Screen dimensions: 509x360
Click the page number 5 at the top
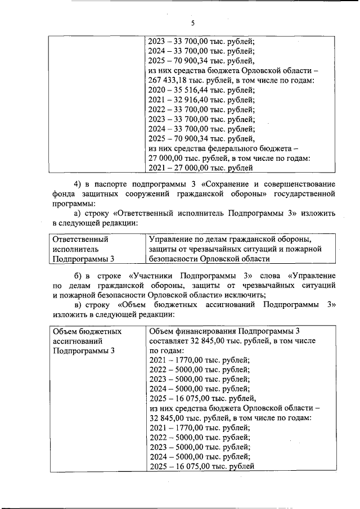pyautogui.click(x=192, y=23)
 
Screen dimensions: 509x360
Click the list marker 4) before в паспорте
pyautogui.click(x=79, y=184)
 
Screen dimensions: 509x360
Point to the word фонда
pyautogui.click(x=62, y=194)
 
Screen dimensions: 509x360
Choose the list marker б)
pyautogui.click(x=79, y=276)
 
